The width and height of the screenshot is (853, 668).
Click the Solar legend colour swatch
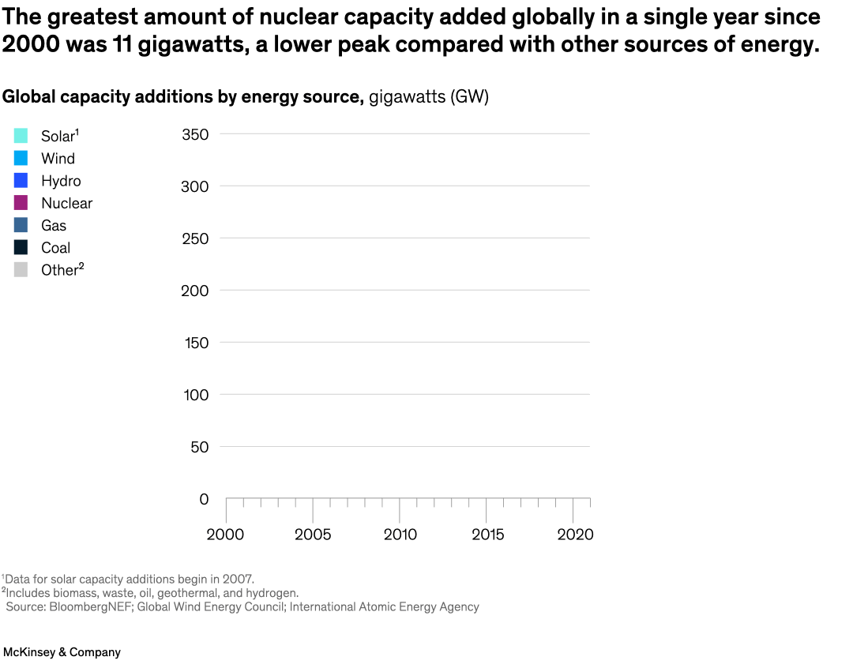(21, 136)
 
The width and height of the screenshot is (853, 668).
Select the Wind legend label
(58, 159)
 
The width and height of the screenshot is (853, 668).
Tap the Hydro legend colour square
(21, 181)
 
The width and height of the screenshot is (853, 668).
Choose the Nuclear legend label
(66, 203)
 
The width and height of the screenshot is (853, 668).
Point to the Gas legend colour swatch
(21, 225)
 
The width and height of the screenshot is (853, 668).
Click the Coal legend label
(55, 247)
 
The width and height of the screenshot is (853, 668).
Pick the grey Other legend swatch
(21, 269)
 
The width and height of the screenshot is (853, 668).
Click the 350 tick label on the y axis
(195, 134)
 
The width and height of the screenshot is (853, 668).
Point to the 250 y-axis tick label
(195, 238)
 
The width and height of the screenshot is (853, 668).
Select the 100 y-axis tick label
(195, 395)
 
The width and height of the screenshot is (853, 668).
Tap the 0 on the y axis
(204, 499)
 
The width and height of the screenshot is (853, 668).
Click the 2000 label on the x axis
(226, 535)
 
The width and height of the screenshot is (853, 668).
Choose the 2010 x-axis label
(400, 535)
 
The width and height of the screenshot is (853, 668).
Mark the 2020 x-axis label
(575, 535)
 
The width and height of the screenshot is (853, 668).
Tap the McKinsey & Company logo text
(62, 652)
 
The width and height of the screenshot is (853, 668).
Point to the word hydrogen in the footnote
(271, 593)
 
